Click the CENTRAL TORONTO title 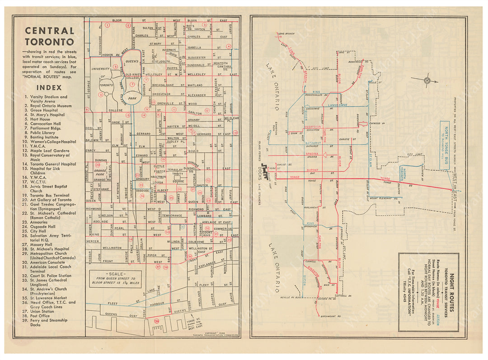(49, 36)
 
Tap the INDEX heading (49, 87)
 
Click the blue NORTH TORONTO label (404, 173)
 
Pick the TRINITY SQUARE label (177, 176)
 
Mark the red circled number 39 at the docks (156, 321)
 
